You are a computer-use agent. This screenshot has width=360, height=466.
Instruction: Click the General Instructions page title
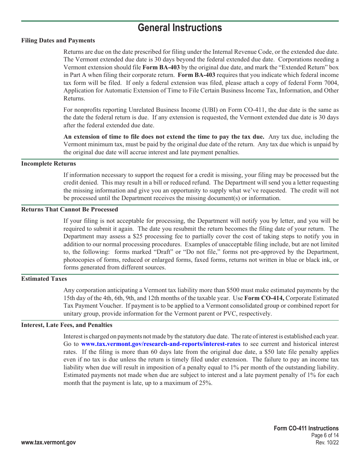(x=180, y=28)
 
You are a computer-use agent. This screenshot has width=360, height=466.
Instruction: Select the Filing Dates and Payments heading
(x=58, y=41)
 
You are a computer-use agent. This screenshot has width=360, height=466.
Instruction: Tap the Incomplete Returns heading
(x=49, y=164)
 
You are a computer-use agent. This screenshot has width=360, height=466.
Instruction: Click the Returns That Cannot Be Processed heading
(x=69, y=210)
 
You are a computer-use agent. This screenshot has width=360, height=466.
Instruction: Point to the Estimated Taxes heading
(x=44, y=279)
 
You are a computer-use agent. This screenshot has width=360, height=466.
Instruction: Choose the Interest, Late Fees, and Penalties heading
(x=67, y=325)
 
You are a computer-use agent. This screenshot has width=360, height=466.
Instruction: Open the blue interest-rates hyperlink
(x=161, y=344)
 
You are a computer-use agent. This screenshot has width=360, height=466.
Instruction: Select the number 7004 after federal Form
(x=331, y=83)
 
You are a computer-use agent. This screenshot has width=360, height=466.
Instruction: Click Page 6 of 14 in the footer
(x=325, y=435)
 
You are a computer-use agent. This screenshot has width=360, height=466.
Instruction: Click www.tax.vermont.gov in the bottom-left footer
(x=49, y=443)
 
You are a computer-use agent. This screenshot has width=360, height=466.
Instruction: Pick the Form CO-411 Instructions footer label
(x=306, y=428)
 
